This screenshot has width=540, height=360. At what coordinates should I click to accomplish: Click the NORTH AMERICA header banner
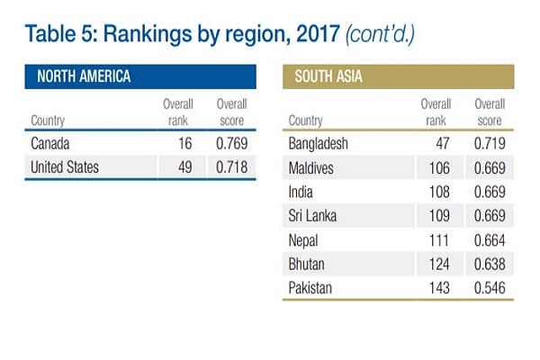click(139, 76)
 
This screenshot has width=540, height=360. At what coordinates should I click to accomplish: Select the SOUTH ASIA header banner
click(399, 76)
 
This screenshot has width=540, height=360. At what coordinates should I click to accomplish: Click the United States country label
click(65, 167)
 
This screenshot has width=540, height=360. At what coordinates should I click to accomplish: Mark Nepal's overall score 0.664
click(490, 240)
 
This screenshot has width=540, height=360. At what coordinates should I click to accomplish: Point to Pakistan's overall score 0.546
click(490, 288)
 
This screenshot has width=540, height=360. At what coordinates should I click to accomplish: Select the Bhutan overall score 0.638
click(490, 264)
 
